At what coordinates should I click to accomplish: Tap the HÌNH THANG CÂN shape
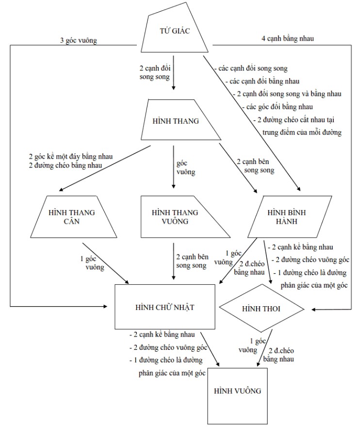click(x=75, y=217)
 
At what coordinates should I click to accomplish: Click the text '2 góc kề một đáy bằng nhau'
click(x=70, y=157)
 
